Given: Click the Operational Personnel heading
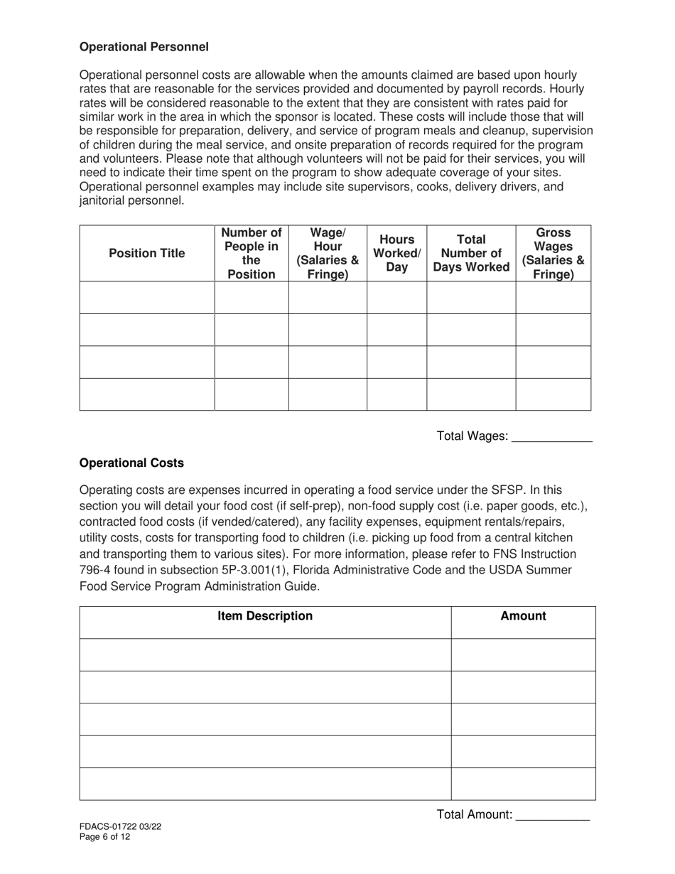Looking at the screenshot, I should pyautogui.click(x=144, y=47).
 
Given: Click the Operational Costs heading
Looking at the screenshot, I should pyautogui.click(x=131, y=463).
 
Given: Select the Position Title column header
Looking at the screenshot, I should pyautogui.click(x=146, y=253).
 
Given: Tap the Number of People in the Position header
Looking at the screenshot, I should pyautogui.click(x=252, y=253).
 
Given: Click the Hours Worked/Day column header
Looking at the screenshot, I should pyautogui.click(x=397, y=253).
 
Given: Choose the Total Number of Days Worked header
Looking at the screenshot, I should pyautogui.click(x=471, y=253).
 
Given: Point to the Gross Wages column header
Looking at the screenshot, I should pyautogui.click(x=553, y=253).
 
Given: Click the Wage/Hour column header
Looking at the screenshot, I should pyautogui.click(x=328, y=253).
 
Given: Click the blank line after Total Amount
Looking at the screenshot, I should pyautogui.click(x=552, y=815).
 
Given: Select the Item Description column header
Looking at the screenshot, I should pyautogui.click(x=265, y=616).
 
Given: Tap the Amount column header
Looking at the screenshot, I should pyautogui.click(x=523, y=616).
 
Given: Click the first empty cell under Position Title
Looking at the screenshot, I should pyautogui.click(x=146, y=297).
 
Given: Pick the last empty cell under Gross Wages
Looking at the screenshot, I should pyautogui.click(x=553, y=394).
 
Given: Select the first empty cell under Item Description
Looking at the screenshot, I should pyautogui.click(x=265, y=654).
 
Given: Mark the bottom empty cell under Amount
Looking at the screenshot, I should pyautogui.click(x=523, y=784).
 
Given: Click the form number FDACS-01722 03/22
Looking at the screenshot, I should pyautogui.click(x=124, y=826).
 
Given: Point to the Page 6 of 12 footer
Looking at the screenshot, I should pyautogui.click(x=104, y=836).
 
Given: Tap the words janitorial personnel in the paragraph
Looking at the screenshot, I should pyautogui.click(x=131, y=200).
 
